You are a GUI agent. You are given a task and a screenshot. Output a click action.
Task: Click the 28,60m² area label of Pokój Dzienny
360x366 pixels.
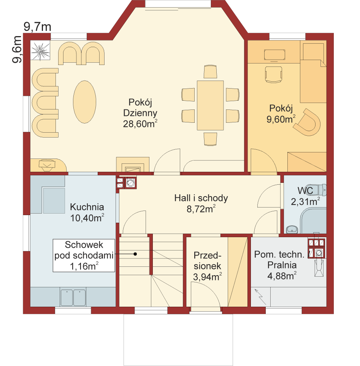coord(140,124)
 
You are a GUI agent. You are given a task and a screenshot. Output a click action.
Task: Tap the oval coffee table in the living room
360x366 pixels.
coord(84,102)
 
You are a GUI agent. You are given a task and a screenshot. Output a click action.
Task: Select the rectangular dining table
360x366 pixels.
coord(210,105)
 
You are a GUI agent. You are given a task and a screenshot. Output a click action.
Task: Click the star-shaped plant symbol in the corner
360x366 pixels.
coord(40,51)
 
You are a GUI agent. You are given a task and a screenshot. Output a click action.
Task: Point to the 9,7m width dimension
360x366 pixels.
coord(37,27)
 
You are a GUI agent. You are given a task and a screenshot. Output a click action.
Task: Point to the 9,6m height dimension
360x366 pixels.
coord(17,49)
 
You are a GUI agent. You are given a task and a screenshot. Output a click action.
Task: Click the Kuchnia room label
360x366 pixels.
coord(87,207)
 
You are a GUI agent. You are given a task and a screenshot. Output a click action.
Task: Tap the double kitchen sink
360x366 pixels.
coord(73,298)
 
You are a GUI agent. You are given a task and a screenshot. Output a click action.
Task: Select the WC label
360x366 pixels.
coord(305,191)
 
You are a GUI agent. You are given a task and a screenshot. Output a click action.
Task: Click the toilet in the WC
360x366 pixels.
coord(320,190)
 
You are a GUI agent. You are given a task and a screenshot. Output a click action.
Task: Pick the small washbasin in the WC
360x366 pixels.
coord(292,230)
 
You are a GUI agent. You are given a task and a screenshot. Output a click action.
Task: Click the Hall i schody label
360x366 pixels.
coord(201,198)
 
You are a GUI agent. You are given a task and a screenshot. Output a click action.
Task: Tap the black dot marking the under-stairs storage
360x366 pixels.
coord(135,254)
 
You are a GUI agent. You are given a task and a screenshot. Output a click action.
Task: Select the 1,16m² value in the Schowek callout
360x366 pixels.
coord(84,266)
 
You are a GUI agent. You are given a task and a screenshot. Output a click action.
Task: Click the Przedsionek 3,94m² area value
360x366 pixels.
coord(207,277)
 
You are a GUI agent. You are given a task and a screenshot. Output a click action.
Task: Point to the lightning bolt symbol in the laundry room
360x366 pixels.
coord(260,297)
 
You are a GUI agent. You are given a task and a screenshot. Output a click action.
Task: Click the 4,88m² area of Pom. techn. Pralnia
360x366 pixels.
coord(282,276)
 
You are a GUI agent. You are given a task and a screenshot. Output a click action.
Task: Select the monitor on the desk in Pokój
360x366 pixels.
coord(274,55)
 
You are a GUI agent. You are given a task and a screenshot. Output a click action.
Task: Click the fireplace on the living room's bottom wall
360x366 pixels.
coord(133,165)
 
